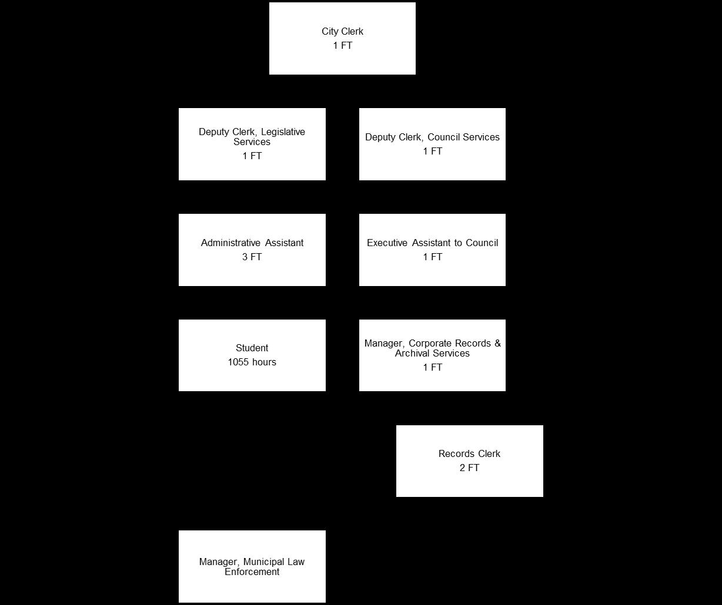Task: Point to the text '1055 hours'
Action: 252,362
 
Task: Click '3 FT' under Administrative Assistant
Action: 252,257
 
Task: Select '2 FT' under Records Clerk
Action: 469,468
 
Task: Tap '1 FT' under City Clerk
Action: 342,46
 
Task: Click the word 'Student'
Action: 252,348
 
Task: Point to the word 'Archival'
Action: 412,354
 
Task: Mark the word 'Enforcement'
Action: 252,572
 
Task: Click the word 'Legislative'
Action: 282,132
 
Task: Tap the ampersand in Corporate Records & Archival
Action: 497,344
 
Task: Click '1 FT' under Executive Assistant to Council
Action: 432,257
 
